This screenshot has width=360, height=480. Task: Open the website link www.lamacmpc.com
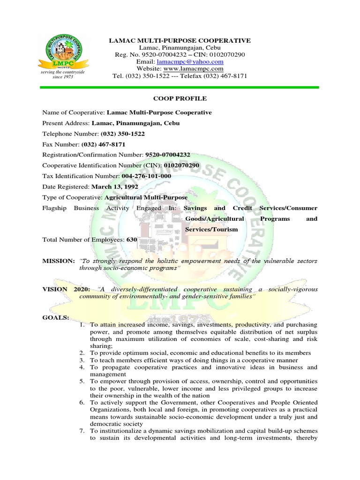pos(194,68)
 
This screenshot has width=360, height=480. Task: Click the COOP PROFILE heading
pos(180,98)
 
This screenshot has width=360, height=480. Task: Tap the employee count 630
pos(131,240)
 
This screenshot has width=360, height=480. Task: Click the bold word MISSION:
pos(58,261)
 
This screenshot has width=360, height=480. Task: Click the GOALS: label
pos(55,318)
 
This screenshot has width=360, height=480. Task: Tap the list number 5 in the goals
pos(82,382)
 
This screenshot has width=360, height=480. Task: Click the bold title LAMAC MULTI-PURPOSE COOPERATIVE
pos(180,41)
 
